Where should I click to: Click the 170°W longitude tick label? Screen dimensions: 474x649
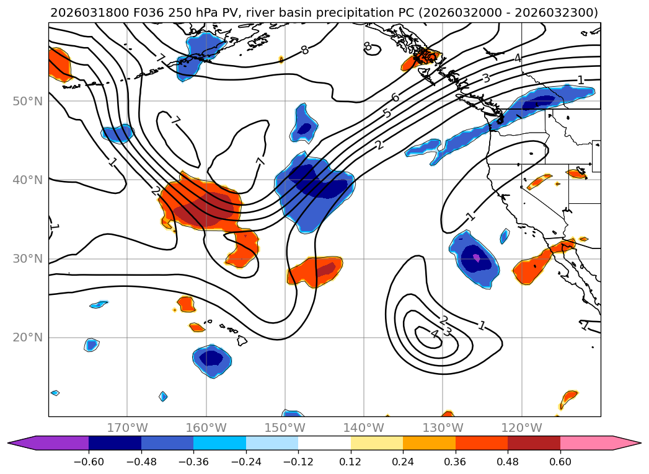point(127,428)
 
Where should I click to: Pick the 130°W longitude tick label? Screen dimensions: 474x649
point(443,428)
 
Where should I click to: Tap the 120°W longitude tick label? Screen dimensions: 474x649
point(522,428)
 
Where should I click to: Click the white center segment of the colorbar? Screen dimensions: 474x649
point(324,443)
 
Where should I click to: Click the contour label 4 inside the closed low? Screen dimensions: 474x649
point(435,334)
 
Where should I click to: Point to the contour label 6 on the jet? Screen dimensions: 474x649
point(395,97)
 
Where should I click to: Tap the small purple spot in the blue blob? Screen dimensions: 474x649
point(476,257)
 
